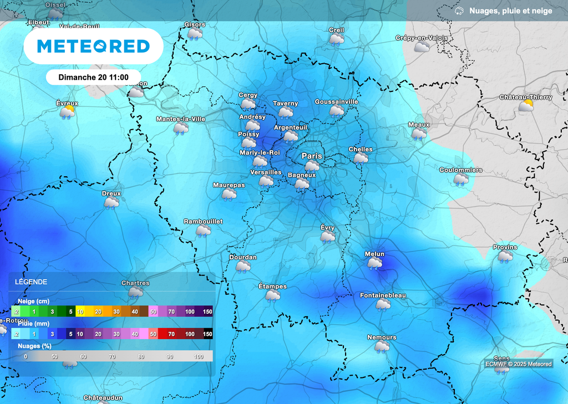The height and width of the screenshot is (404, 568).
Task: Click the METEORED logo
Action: tap(93, 46)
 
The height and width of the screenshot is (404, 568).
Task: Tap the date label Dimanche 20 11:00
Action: tap(93, 77)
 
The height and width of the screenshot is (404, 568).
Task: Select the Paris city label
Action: tap(312, 156)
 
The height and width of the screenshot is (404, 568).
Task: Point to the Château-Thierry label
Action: tap(525, 98)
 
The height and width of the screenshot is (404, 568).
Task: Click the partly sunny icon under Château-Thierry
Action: tap(526, 105)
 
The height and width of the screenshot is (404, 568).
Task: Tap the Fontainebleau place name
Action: tap(383, 295)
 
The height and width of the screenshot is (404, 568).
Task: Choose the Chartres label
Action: tap(135, 283)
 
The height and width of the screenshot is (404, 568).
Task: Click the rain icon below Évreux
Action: tap(68, 112)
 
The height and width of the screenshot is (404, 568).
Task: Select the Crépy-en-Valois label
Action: tap(422, 38)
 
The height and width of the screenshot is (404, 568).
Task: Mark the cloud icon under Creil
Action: tap(336, 39)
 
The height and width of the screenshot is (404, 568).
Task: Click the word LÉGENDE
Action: tap(31, 282)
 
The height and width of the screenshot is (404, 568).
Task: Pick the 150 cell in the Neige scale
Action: tap(207, 312)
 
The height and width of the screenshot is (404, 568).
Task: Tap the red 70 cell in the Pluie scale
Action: tap(171, 334)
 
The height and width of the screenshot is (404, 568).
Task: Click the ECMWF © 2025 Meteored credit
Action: tap(518, 364)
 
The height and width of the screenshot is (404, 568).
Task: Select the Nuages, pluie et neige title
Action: tap(510, 11)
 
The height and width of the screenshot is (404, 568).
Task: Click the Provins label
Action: tap(505, 248)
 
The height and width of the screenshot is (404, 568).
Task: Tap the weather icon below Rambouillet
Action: tap(203, 230)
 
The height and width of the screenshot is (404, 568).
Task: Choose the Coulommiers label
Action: tap(460, 170)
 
